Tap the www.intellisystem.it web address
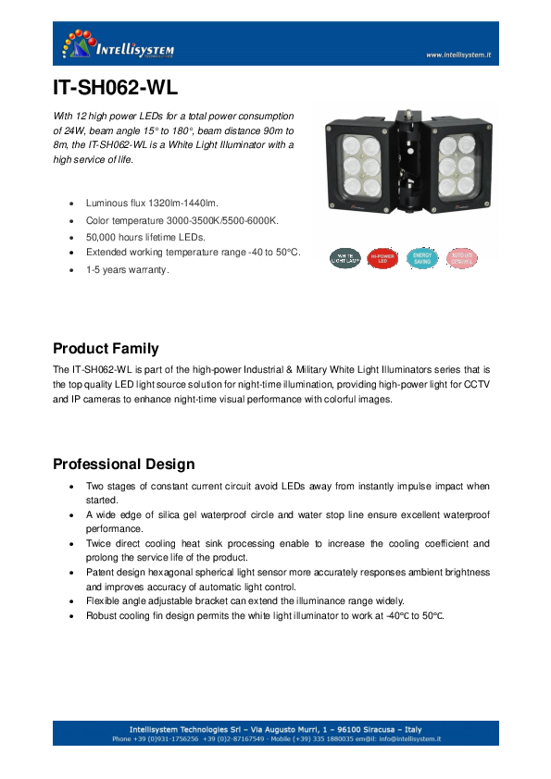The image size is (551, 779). click(x=457, y=55)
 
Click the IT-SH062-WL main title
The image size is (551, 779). click(x=115, y=91)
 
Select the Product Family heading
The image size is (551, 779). click(x=106, y=349)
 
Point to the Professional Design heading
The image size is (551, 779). click(x=123, y=464)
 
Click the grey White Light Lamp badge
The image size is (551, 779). click(x=346, y=258)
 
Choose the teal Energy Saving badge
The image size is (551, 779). click(x=421, y=258)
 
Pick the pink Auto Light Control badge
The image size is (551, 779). click(x=461, y=258)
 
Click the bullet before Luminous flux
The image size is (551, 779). click(x=72, y=203)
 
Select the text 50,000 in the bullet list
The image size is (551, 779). click(x=101, y=237)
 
